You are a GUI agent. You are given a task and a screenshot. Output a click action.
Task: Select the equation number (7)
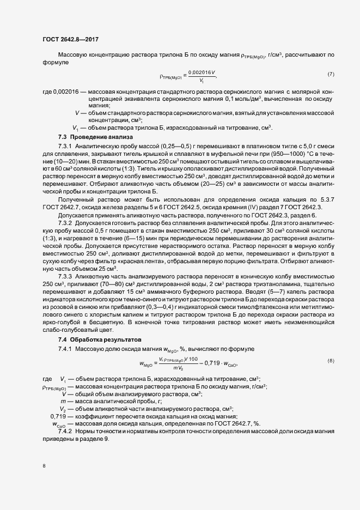[x=331, y=74]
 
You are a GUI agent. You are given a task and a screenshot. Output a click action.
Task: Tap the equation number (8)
[x=331, y=361]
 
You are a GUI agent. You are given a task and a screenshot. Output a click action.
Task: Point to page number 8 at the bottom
[x=44, y=466]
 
